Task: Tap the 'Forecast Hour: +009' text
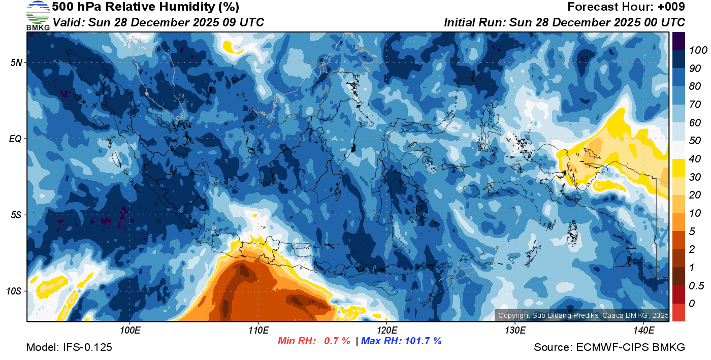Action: pyautogui.click(x=626, y=7)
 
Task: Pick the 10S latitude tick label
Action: pyautogui.click(x=14, y=291)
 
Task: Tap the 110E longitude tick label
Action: pyautogui.click(x=258, y=331)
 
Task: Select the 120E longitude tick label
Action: pyautogui.click(x=386, y=331)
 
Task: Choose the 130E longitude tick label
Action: pyautogui.click(x=515, y=331)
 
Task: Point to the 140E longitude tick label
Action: pyautogui.click(x=643, y=331)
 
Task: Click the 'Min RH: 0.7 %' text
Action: pyautogui.click(x=314, y=341)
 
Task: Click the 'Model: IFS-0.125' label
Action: pyautogui.click(x=69, y=348)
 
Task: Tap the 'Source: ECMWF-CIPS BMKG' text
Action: pyautogui.click(x=609, y=348)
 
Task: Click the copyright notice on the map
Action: pyautogui.click(x=583, y=315)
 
